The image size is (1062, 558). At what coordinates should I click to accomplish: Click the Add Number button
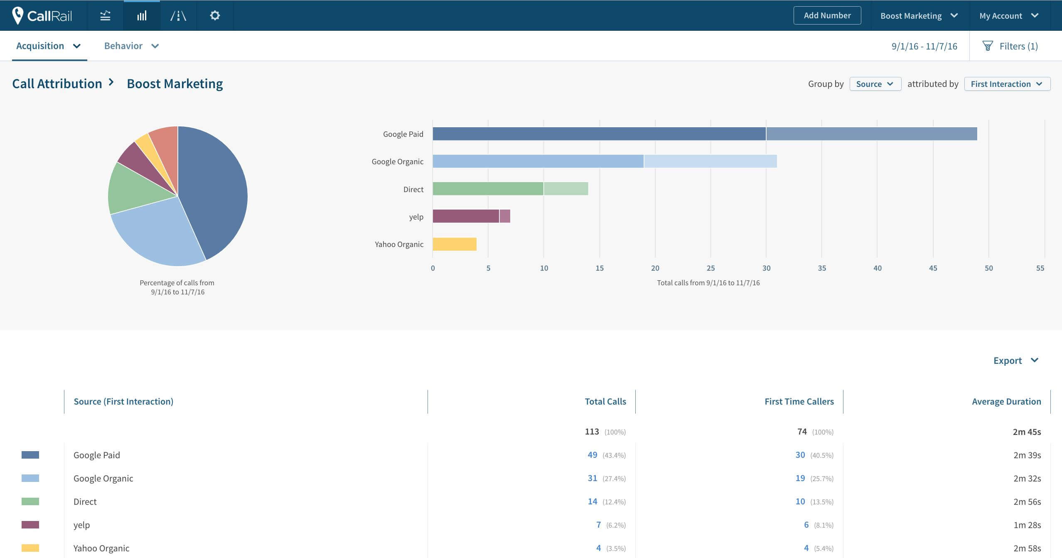(x=827, y=15)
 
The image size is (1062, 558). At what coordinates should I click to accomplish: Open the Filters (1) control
(x=1010, y=46)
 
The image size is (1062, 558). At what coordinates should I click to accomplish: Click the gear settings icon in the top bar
(x=215, y=15)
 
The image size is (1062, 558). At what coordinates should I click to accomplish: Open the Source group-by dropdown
(x=875, y=84)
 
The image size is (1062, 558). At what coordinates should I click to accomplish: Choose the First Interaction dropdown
(x=1007, y=84)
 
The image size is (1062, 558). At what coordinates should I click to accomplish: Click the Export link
(x=1015, y=360)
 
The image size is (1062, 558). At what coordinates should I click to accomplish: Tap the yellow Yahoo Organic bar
(x=455, y=244)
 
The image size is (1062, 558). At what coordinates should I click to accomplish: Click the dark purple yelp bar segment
(x=466, y=216)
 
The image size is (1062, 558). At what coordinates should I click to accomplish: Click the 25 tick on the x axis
(x=710, y=268)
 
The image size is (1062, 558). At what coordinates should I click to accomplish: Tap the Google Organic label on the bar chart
(x=397, y=161)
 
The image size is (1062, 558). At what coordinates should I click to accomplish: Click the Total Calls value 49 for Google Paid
(x=592, y=455)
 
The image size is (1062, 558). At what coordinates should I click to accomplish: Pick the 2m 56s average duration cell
(x=1027, y=501)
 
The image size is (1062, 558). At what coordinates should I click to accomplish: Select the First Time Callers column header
(x=799, y=401)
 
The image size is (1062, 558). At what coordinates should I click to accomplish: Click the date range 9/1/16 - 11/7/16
(x=924, y=46)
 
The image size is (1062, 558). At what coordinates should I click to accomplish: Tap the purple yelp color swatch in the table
(x=30, y=525)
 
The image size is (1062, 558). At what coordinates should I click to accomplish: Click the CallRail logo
(x=42, y=15)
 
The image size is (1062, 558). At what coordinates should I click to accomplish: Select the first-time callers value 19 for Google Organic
(x=800, y=478)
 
